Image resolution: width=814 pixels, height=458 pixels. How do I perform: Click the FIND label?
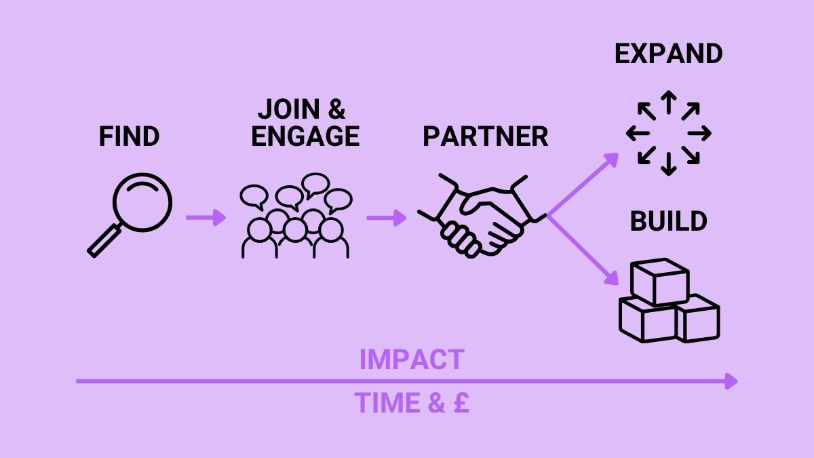click(129, 136)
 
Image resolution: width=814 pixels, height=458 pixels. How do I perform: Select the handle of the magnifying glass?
click(104, 242)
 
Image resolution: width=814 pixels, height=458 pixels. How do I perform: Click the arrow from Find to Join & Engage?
click(206, 217)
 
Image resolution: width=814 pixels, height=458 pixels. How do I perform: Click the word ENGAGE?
click(305, 136)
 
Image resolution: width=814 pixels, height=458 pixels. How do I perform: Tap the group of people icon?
click(296, 217)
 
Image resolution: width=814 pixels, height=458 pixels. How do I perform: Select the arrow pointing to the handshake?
click(386, 217)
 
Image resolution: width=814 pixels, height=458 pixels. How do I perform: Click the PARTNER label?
click(485, 136)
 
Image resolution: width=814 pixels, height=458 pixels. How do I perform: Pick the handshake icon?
click(482, 216)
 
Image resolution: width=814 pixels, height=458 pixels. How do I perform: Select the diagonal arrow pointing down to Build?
click(583, 251)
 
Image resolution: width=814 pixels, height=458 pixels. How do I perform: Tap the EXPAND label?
click(668, 54)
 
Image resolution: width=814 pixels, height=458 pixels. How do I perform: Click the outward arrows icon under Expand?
click(668, 132)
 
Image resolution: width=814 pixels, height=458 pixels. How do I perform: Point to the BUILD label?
click(668, 222)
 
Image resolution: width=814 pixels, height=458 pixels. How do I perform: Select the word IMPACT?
click(411, 360)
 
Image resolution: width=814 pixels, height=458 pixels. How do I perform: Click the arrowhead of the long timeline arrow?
click(731, 381)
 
